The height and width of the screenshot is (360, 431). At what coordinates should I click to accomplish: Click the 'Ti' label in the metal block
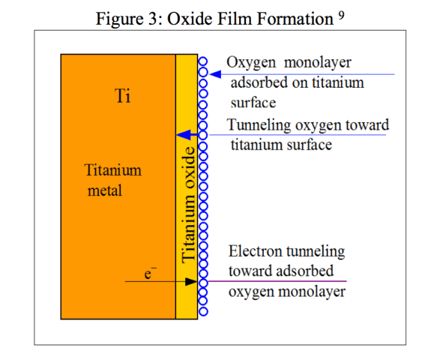[x=122, y=96]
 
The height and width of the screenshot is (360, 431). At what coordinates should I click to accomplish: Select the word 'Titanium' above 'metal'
[x=113, y=170]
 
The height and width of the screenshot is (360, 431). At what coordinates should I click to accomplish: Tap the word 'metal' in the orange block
[x=105, y=190]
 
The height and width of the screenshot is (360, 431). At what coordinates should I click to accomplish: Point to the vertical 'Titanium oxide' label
[x=188, y=205]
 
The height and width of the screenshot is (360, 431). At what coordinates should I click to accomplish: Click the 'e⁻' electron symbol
[x=150, y=273]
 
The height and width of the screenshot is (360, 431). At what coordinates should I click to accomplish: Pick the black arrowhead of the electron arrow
[x=191, y=281]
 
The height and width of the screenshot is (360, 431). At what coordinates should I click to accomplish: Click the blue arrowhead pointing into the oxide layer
[x=184, y=135]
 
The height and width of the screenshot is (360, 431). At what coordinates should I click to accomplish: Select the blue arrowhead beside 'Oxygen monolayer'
[x=215, y=74]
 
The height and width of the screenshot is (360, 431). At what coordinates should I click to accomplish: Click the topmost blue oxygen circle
[x=203, y=61]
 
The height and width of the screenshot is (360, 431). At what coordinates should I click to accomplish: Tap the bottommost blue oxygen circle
[x=203, y=311]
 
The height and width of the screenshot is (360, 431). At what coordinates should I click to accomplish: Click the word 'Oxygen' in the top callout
[x=251, y=63]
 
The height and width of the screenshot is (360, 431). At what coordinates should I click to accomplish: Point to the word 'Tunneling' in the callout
[x=259, y=125]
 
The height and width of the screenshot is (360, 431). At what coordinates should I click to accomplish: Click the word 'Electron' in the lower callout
[x=256, y=251]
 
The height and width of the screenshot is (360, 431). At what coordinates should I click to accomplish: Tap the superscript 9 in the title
[x=341, y=16]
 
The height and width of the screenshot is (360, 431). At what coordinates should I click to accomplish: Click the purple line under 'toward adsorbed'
[x=277, y=281]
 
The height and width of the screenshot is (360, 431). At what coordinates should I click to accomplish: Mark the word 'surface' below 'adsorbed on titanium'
[x=253, y=103]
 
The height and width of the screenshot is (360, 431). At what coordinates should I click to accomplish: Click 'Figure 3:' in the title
[x=129, y=19]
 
